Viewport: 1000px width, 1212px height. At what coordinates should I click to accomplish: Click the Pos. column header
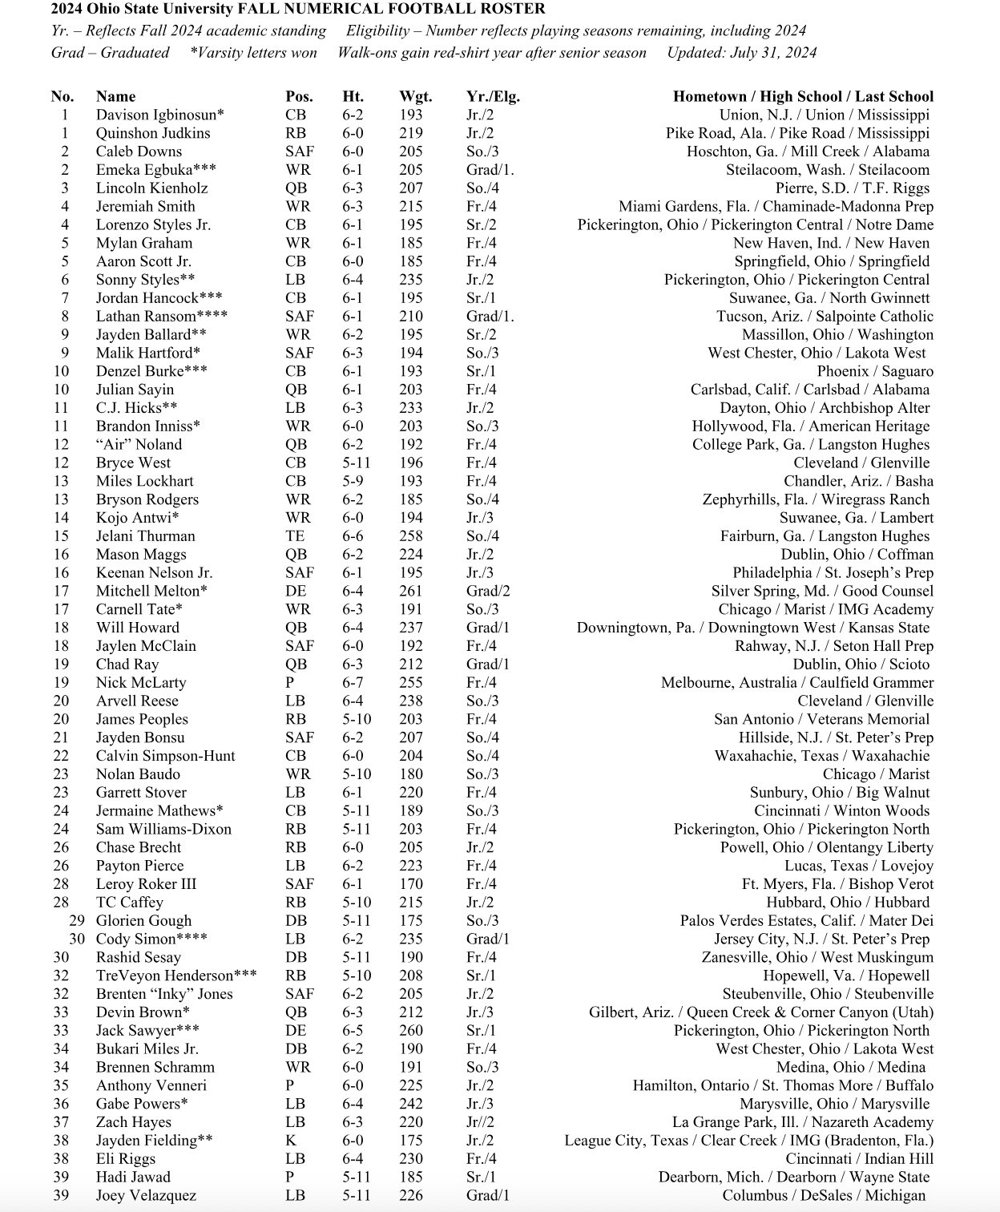(299, 96)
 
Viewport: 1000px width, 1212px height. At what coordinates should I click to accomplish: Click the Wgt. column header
(415, 96)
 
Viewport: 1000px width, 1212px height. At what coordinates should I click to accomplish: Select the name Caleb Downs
(139, 151)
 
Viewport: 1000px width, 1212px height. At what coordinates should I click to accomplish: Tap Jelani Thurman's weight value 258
(411, 536)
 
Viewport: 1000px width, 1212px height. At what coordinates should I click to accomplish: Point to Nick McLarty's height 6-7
(353, 683)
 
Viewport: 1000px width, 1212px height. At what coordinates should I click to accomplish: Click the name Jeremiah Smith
(145, 206)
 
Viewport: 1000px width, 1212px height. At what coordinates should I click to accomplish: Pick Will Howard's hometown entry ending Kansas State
(753, 628)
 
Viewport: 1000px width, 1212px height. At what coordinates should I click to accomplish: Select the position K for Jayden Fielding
(291, 1141)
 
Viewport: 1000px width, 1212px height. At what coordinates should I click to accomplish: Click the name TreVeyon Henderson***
(176, 976)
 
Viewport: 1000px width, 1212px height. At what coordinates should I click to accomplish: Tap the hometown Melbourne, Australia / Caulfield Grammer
(797, 683)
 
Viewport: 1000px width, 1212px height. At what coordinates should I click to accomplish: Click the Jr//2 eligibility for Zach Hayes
(480, 1122)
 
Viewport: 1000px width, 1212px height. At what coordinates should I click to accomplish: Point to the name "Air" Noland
(139, 445)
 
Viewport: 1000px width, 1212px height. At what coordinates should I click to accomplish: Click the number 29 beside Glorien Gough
(77, 921)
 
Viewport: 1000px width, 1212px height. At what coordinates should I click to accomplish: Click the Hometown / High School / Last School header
(803, 96)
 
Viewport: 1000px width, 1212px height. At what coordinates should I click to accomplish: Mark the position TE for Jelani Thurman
(294, 536)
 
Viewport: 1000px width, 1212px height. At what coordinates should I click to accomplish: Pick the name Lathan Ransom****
(162, 317)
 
